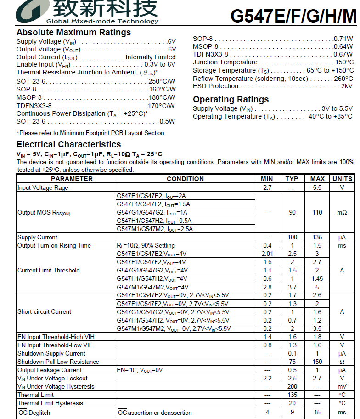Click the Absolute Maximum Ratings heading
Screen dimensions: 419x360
click(73, 33)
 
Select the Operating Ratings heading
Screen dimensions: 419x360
click(231, 100)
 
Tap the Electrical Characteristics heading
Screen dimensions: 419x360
click(68, 145)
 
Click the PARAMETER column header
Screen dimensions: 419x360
click(65, 179)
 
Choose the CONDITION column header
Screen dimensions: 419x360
click(185, 179)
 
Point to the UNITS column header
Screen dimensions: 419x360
click(342, 179)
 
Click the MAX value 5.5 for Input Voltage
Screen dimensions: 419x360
click(317, 187)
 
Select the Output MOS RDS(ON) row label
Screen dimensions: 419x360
click(44, 213)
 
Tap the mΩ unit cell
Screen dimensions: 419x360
click(342, 213)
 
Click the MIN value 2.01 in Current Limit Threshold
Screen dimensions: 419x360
click(267, 254)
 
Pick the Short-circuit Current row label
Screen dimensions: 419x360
click(44, 311)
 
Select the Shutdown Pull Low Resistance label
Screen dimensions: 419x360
click(58, 362)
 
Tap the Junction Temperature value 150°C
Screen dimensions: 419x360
click(344, 62)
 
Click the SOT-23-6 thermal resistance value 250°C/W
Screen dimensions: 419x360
click(162, 81)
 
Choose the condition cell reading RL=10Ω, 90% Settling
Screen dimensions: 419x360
click(146, 245)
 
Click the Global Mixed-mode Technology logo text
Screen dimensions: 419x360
click(102, 21)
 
